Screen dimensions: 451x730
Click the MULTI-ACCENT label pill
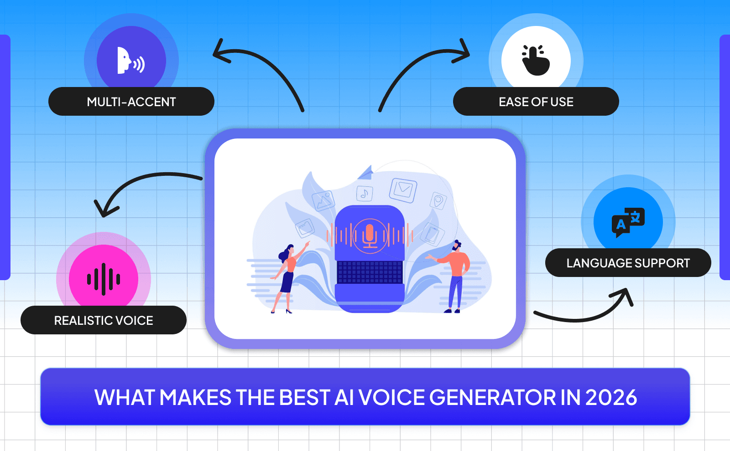pyautogui.click(x=131, y=102)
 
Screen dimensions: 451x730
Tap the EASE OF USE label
pyautogui.click(x=536, y=102)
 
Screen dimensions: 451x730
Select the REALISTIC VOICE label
pyautogui.click(x=104, y=320)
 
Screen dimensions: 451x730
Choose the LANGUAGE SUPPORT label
pyautogui.click(x=628, y=263)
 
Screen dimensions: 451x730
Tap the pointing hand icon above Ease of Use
pyautogui.click(x=536, y=60)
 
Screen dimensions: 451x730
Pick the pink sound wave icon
pyautogui.click(x=104, y=278)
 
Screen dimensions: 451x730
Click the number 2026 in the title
pyautogui.click(x=611, y=397)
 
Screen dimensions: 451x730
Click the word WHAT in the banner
pyautogui.click(x=125, y=397)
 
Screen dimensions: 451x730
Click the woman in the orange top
pyautogui.click(x=287, y=278)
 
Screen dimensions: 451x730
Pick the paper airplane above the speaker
pyautogui.click(x=366, y=173)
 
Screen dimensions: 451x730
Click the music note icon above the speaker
pyautogui.click(x=364, y=194)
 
